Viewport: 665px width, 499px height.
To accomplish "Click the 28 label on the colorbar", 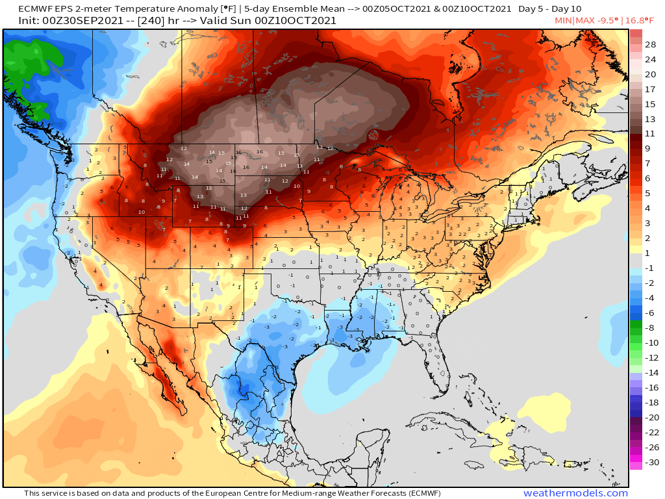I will tap(650, 44).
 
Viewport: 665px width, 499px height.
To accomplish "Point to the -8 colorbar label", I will tap(650, 328).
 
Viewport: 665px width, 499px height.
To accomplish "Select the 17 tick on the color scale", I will tap(650, 89).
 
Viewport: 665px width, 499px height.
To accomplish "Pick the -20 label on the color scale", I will tap(650, 418).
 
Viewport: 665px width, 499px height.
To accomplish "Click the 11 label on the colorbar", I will tap(650, 134).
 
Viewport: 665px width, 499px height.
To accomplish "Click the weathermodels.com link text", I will tap(575, 494).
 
